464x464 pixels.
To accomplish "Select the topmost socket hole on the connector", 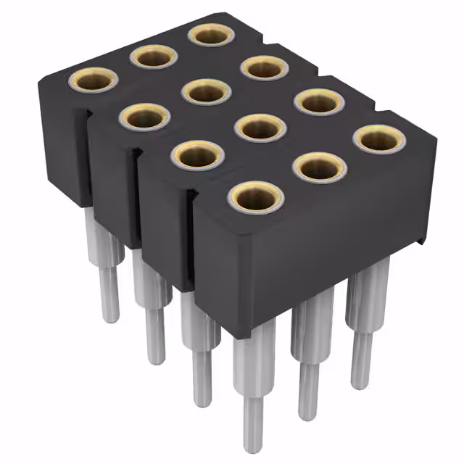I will (x=210, y=34).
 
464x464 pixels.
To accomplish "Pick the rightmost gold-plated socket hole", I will (x=380, y=138).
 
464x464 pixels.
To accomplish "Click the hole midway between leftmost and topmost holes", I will (x=154, y=56).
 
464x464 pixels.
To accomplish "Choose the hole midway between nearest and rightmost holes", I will (x=319, y=167).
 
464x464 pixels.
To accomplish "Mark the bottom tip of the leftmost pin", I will (x=110, y=318).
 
